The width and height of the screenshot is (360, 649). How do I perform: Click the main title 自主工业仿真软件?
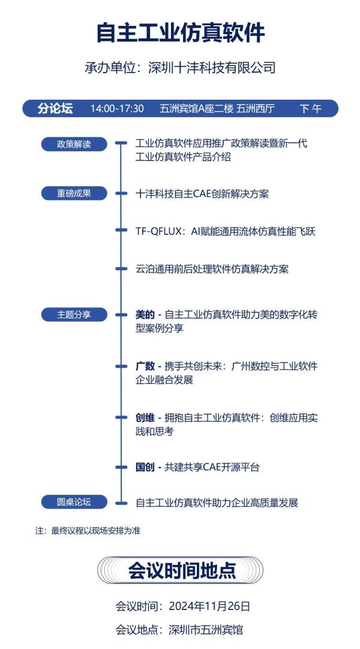coord(181,33)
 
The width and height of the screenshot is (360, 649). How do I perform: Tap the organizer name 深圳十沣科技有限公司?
coord(212,68)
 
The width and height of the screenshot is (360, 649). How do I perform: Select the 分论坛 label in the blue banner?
coord(55,109)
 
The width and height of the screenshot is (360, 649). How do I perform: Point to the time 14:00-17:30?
coord(117,109)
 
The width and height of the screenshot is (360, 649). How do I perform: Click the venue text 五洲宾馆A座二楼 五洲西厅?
coord(217,109)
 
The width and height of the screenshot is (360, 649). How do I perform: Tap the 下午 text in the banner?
coord(310,109)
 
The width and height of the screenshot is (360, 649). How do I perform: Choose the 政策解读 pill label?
coord(74,144)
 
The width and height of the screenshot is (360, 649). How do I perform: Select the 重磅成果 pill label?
coord(74,193)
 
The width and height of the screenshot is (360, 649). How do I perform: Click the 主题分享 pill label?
coord(74,315)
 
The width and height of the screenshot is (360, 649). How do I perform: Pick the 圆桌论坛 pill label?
coord(74,502)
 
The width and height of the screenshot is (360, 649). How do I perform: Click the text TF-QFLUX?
coord(158,231)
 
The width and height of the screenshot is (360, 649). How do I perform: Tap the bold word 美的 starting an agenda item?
coord(145,315)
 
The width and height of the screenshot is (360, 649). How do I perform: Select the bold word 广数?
coord(145,366)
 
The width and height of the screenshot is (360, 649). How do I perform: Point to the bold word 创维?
coord(145,418)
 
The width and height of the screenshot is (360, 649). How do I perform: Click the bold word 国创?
coord(145,468)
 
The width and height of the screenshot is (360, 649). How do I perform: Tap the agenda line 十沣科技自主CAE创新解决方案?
coord(202,194)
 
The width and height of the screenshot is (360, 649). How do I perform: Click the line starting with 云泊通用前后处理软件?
coord(212,269)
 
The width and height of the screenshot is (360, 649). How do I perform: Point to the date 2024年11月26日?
coord(209,607)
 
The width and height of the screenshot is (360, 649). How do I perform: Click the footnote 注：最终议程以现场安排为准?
coord(88,531)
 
